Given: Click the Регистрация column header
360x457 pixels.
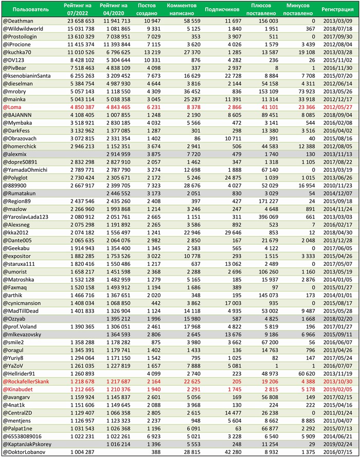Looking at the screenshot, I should [337, 9].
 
